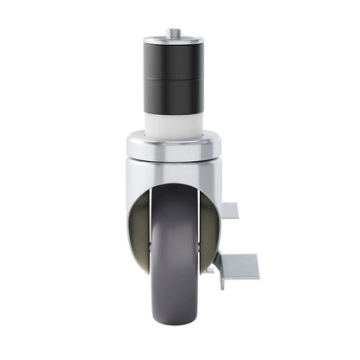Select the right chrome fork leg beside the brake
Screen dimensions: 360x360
click(214, 216)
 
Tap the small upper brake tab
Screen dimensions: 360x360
click(229, 210)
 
